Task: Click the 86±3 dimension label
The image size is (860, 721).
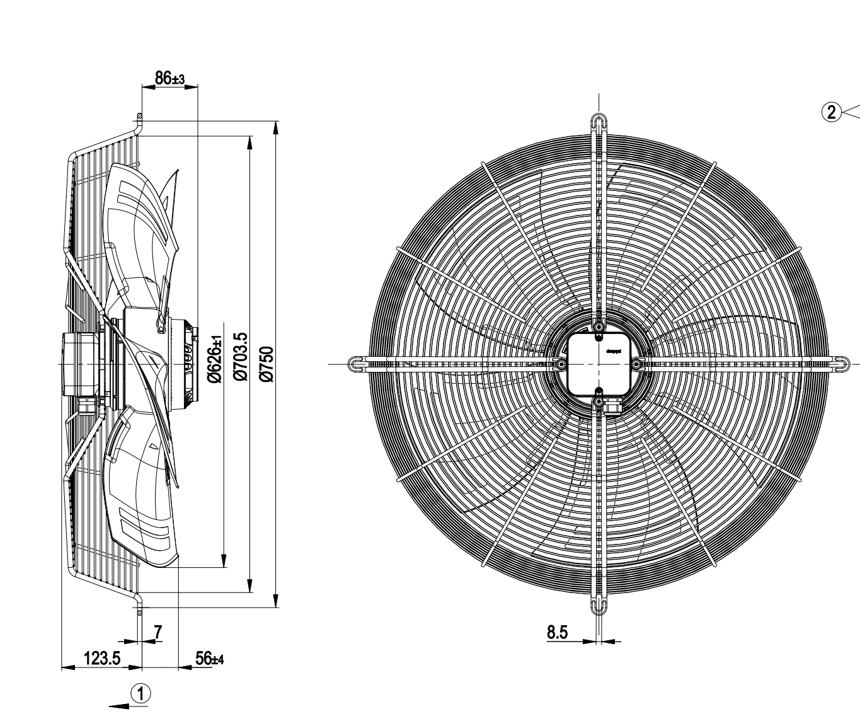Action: tap(169, 79)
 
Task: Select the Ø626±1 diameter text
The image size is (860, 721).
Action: tap(214, 358)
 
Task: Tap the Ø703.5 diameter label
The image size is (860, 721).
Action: tap(240, 357)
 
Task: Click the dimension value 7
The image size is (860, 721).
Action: tap(158, 631)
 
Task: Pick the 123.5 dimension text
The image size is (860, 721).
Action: tap(102, 659)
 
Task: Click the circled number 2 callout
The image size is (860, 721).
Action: tap(832, 113)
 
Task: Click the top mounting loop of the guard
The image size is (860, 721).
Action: tap(599, 122)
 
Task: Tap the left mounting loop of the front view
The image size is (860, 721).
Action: tap(357, 363)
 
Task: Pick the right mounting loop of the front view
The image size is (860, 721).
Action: tap(840, 363)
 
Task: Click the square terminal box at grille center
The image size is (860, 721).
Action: tap(599, 364)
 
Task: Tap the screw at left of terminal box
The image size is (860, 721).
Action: tap(560, 364)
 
